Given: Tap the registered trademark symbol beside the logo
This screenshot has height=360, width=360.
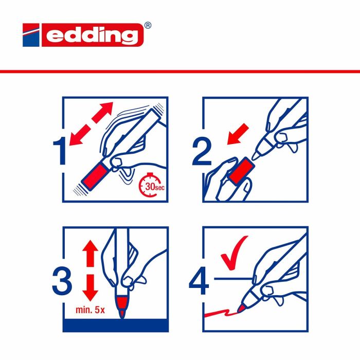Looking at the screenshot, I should pos(148,25).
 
